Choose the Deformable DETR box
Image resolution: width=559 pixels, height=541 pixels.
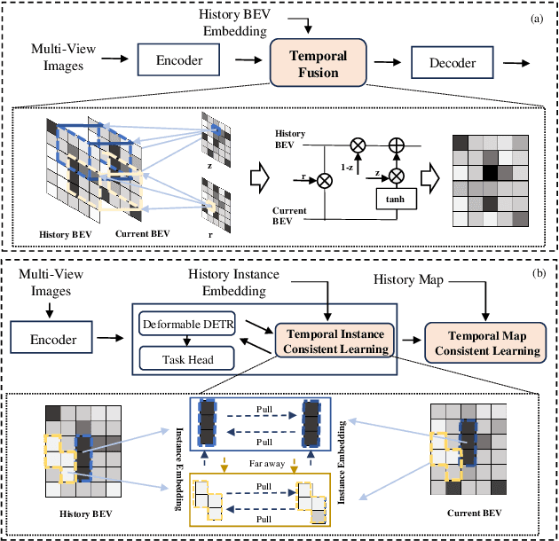pyautogui.click(x=185, y=325)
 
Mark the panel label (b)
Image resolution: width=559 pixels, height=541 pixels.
pyautogui.click(x=536, y=273)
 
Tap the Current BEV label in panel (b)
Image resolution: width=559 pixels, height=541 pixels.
pyautogui.click(x=461, y=513)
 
